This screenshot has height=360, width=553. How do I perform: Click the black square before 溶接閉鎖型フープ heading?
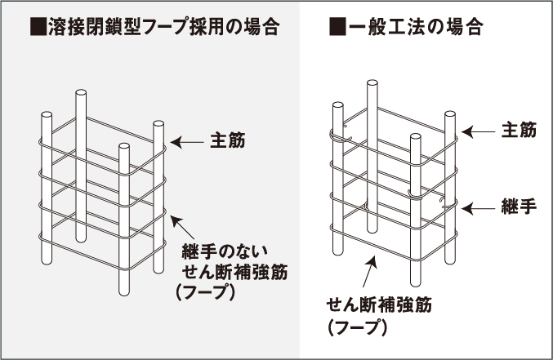tap(38, 27)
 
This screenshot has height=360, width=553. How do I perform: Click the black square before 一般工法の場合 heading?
tap(337, 27)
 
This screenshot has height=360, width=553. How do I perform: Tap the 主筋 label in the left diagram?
tap(227, 140)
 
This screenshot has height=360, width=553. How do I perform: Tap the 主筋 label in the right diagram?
tap(520, 130)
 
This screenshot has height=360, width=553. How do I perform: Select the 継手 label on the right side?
tap(520, 207)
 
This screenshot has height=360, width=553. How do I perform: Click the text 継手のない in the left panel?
tap(225, 251)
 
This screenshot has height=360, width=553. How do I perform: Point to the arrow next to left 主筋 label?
tap(187, 142)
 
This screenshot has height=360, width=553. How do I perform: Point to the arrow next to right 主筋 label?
tap(478, 132)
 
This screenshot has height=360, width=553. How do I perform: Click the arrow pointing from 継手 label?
tap(478, 209)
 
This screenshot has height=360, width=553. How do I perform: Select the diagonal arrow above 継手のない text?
tap(182, 227)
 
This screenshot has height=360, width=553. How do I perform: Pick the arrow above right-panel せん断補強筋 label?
tap(369, 272)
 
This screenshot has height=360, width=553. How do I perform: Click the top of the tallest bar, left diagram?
tap(81, 93)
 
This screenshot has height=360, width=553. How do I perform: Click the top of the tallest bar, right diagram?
tap(372, 83)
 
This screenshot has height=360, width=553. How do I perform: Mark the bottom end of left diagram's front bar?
tap(124, 292)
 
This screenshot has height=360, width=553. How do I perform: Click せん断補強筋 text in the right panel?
tap(379, 305)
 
